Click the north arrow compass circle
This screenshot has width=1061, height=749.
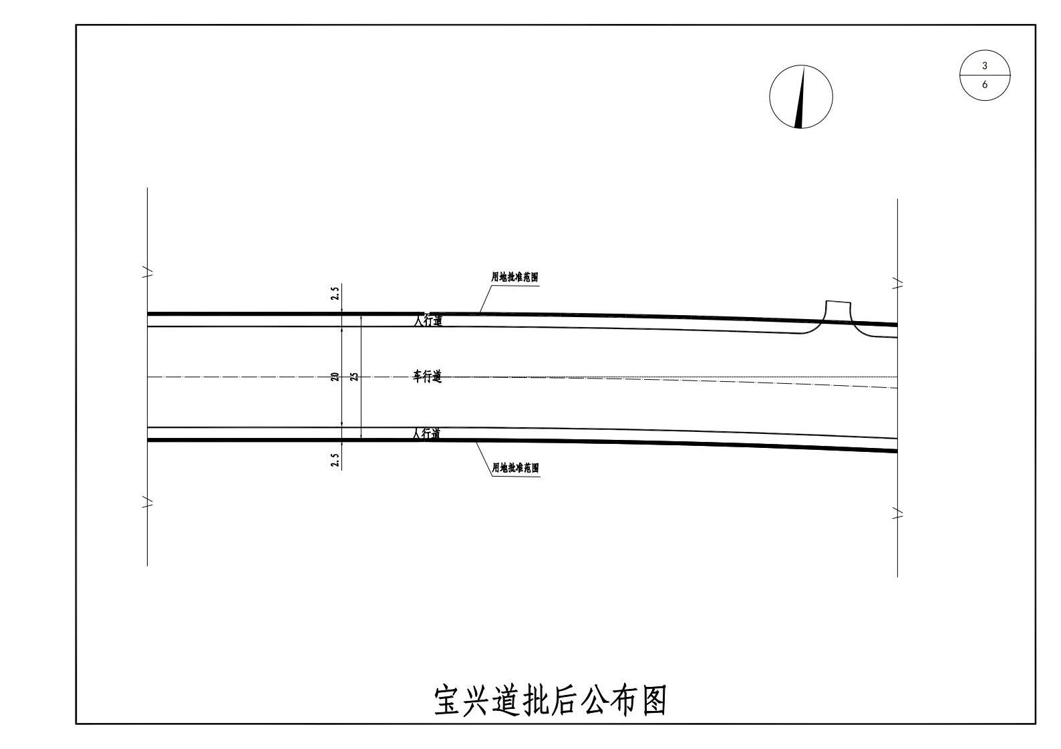tap(800, 96)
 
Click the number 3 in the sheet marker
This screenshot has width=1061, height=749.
tap(985, 66)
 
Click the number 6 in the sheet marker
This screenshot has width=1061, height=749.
tap(985, 85)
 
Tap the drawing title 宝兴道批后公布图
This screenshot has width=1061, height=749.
tap(550, 700)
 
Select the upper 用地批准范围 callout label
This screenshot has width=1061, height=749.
tap(514, 277)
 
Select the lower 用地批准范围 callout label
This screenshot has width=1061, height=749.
tap(515, 468)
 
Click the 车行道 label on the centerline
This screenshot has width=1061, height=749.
tap(427, 377)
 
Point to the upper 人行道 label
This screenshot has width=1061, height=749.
tap(427, 320)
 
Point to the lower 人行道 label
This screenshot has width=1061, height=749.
tap(426, 434)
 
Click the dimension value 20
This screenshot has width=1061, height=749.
tap(335, 377)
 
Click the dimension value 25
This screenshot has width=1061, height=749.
tap(355, 377)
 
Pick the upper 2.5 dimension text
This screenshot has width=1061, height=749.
tap(335, 292)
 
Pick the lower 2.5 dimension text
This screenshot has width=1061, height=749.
tap(335, 460)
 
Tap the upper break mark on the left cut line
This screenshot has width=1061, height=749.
tap(148, 272)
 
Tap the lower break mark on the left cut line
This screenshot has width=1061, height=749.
tap(148, 502)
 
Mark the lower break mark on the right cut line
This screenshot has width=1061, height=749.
tap(898, 513)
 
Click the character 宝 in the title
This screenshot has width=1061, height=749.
tap(448, 700)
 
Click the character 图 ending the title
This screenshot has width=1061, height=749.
tap(654, 700)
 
